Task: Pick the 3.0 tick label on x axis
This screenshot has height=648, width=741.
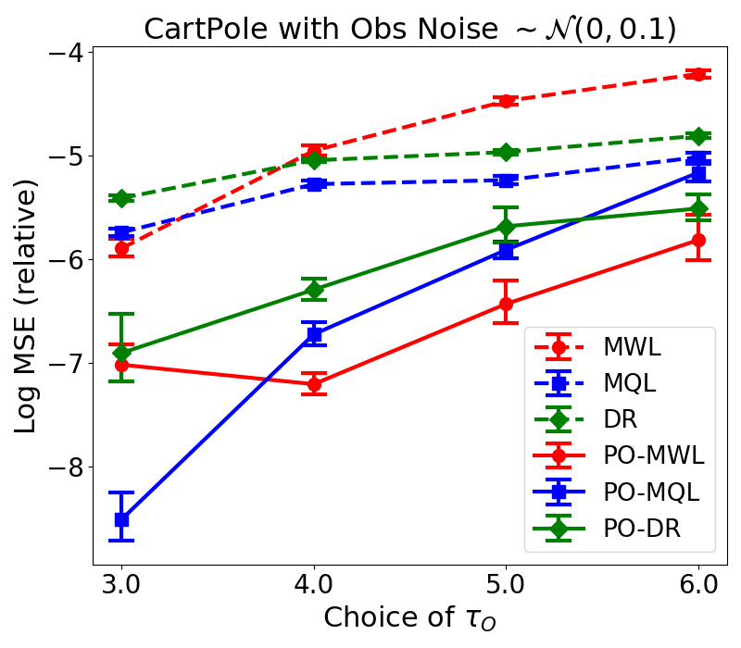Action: (x=121, y=585)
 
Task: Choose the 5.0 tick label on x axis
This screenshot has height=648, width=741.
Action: (x=506, y=585)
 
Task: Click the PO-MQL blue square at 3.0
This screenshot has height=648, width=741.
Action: (x=121, y=519)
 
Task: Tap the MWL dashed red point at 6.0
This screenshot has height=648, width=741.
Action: (x=698, y=74)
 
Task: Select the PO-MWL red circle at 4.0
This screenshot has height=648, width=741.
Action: (x=314, y=384)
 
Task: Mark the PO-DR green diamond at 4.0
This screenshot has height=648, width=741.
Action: (x=314, y=290)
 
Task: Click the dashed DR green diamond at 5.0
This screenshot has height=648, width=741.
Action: (x=506, y=152)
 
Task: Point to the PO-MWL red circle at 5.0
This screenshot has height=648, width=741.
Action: (x=506, y=304)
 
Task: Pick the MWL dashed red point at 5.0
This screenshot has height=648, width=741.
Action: (x=506, y=101)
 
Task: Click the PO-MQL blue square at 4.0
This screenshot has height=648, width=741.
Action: (x=314, y=334)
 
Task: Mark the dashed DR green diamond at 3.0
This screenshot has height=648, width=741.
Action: (x=121, y=198)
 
